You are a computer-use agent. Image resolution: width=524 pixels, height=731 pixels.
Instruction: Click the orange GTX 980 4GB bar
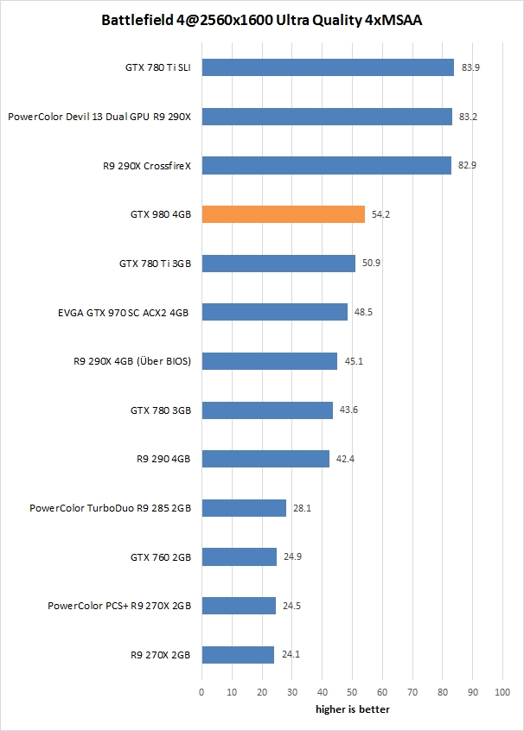click(283, 214)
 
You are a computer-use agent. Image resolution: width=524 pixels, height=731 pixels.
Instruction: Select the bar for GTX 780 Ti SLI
click(328, 67)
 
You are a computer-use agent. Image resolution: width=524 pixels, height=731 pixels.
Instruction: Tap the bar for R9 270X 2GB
click(238, 655)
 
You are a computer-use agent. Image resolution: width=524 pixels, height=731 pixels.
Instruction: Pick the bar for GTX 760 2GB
click(239, 557)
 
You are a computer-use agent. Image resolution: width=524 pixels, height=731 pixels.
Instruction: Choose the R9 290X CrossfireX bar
click(326, 165)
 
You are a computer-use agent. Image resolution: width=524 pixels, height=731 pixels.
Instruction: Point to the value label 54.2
click(380, 214)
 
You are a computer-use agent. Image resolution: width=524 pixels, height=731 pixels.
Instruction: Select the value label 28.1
click(302, 508)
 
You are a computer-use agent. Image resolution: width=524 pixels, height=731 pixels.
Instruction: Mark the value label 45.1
click(354, 361)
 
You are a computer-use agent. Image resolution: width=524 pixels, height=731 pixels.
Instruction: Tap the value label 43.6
click(348, 410)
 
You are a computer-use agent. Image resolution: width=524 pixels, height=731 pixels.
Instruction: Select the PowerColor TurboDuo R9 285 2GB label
click(110, 508)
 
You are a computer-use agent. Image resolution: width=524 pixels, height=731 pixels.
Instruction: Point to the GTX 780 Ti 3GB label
click(155, 264)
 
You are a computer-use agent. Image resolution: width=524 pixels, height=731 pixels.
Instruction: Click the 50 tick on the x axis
click(352, 692)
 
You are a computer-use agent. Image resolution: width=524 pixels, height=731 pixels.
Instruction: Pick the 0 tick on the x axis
click(201, 692)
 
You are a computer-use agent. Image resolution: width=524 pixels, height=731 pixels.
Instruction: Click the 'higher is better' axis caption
click(352, 709)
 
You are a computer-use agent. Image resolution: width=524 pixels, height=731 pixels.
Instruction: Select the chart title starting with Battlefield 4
click(262, 19)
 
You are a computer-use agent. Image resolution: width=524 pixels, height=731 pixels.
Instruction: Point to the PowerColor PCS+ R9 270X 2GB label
click(119, 606)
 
